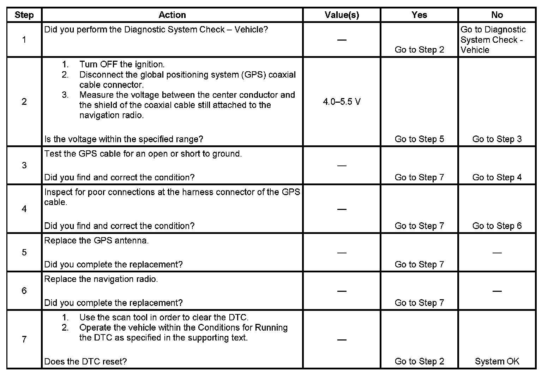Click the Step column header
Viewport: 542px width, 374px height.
coord(24,15)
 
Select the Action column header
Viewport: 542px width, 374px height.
coord(172,15)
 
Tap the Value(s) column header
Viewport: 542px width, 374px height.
coord(342,15)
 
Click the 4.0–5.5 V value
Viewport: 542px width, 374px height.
coord(342,102)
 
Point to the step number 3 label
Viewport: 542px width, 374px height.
coord(24,165)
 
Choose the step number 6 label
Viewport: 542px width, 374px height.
coord(24,291)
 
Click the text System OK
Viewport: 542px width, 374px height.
coord(497,361)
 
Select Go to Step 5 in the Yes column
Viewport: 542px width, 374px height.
coord(419,139)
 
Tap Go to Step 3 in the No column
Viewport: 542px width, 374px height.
coord(497,139)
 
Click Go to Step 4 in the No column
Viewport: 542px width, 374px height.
coord(497,177)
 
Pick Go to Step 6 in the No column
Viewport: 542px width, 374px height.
coord(497,226)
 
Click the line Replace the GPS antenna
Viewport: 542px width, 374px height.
coord(96,241)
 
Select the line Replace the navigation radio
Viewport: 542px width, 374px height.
coord(101,279)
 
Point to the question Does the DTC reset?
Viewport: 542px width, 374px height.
coord(85,361)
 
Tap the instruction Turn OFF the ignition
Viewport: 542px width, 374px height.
coord(122,65)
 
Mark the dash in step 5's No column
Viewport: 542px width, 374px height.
coord(497,253)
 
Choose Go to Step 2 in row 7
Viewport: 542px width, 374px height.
coord(419,361)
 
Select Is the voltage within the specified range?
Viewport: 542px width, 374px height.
coord(124,139)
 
